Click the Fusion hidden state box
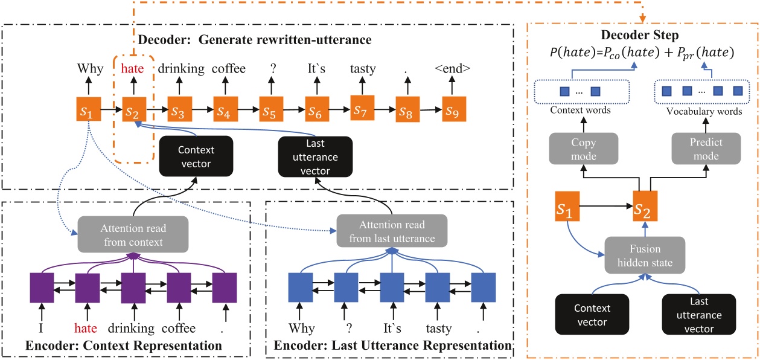(x=645, y=256)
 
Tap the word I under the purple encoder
(x=41, y=328)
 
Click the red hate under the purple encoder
(x=87, y=328)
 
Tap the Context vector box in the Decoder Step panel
(x=592, y=315)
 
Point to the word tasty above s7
(x=362, y=68)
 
